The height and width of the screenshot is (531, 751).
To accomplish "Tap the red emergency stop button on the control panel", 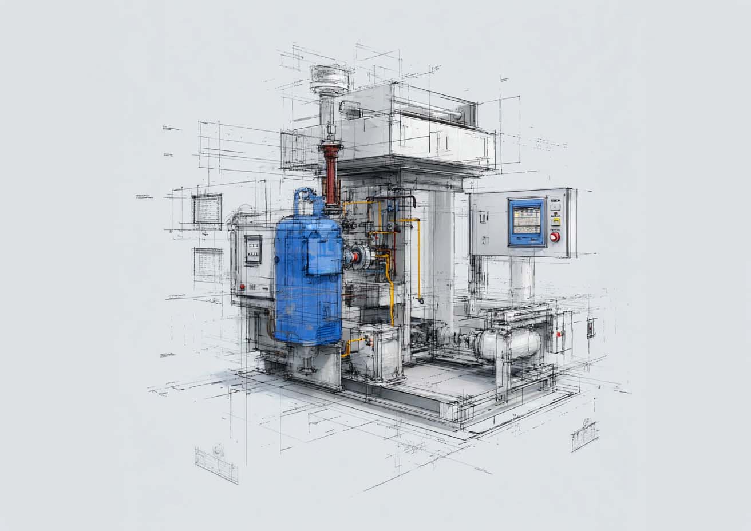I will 554,236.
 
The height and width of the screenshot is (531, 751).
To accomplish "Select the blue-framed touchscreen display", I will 527,221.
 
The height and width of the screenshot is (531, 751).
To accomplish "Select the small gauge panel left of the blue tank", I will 253,250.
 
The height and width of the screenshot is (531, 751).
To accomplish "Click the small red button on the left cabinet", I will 243,286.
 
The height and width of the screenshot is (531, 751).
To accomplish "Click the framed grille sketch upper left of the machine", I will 207,209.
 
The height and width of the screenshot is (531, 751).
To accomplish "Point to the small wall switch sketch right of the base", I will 591,327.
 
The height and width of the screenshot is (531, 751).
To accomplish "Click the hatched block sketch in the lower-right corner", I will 584,435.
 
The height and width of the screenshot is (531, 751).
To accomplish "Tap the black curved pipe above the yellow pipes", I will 395,199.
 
